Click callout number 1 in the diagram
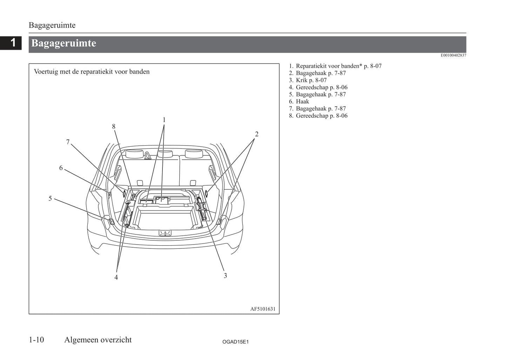(x=164, y=120)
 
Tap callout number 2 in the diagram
(x=256, y=134)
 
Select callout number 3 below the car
(x=225, y=276)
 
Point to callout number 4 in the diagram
(x=116, y=278)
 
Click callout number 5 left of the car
(x=50, y=199)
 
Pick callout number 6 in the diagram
(x=61, y=168)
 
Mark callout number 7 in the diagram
(x=68, y=142)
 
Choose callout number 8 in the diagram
(x=114, y=127)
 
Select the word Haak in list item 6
(x=302, y=102)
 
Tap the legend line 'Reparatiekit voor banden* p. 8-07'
(x=338, y=66)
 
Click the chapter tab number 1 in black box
(x=13, y=43)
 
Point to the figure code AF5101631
(x=263, y=309)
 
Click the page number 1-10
(x=36, y=340)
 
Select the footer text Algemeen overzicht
(x=98, y=340)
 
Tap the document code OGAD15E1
(x=235, y=342)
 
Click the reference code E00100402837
(x=453, y=55)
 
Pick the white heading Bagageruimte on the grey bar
(x=64, y=43)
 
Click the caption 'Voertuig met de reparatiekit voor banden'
(x=92, y=72)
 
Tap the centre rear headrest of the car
(x=165, y=153)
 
